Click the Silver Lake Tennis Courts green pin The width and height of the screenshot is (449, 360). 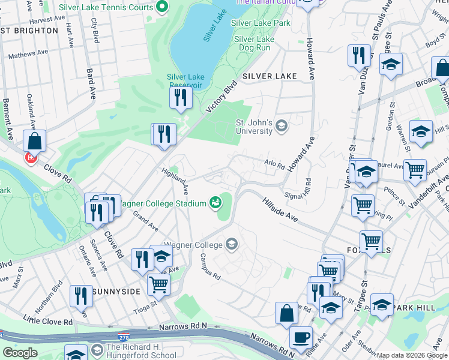[161, 8]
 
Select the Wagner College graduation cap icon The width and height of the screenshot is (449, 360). [232, 244]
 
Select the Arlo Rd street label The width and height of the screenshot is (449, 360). [274, 164]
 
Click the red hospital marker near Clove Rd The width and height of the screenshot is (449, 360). [30, 158]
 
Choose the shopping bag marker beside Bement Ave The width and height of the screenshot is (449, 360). [35, 142]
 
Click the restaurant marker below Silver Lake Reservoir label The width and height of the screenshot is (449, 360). [180, 98]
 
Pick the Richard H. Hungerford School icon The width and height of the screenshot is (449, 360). [97, 349]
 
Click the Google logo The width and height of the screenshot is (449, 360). [19, 353]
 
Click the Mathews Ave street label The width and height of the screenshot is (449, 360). [28, 55]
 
